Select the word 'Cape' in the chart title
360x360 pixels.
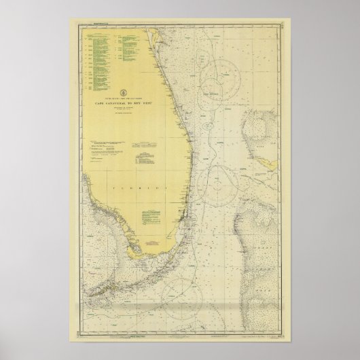coord(103,103)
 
